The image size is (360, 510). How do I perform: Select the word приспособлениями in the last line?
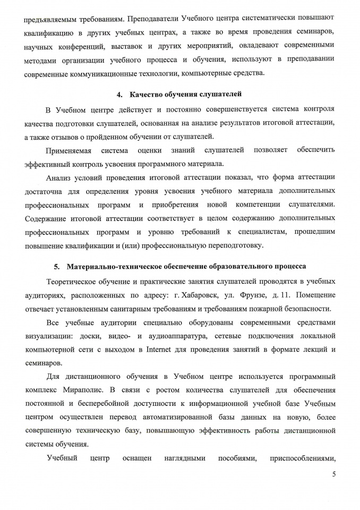[x=303, y=458]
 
